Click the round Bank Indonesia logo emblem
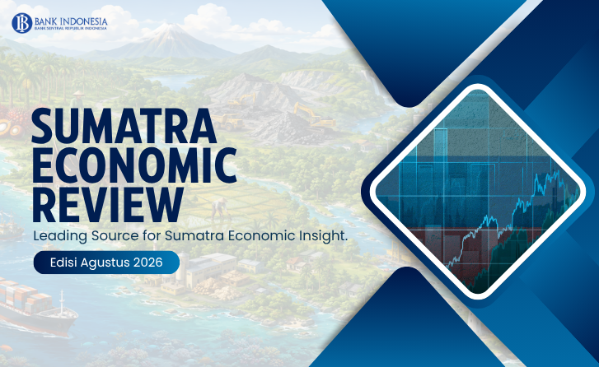(21, 23)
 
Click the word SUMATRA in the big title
(124, 126)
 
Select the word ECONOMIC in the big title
(134, 165)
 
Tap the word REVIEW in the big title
(107, 205)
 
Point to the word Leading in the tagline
(60, 236)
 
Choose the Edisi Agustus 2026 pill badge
(106, 262)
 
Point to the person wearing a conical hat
(78, 100)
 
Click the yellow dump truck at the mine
(227, 122)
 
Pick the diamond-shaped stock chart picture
(477, 191)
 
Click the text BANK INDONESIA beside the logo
(71, 21)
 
